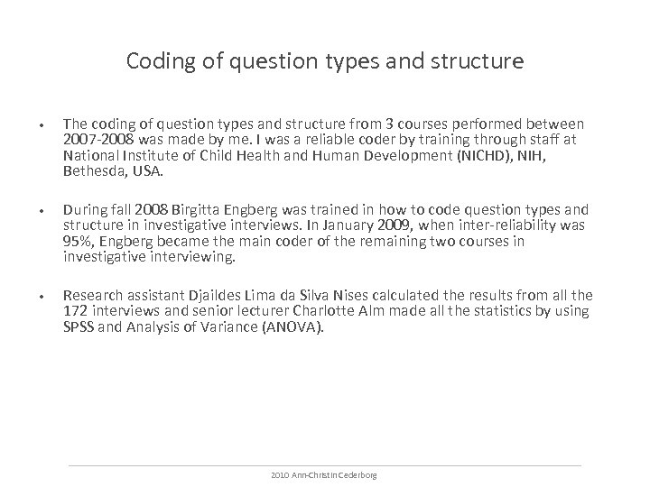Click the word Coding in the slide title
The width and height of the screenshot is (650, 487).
pyautogui.click(x=156, y=61)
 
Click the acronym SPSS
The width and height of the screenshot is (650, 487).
pyautogui.click(x=79, y=325)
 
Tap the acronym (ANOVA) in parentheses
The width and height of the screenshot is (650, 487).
pyautogui.click(x=294, y=325)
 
